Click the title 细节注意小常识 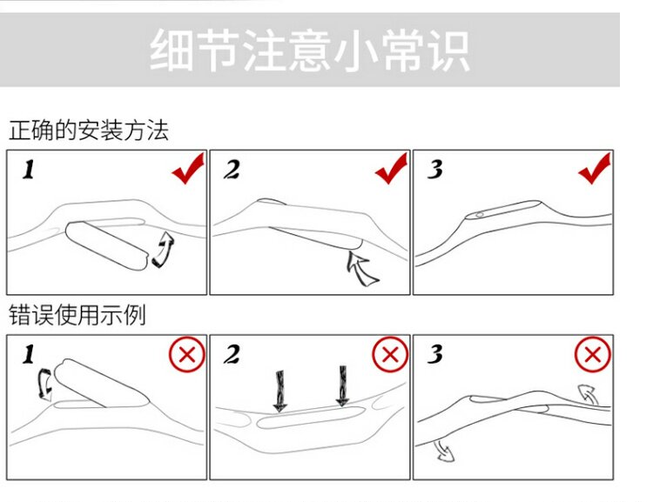(x=309, y=51)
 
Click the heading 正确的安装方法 (x=88, y=131)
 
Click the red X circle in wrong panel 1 (x=186, y=354)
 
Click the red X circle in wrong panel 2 (x=390, y=354)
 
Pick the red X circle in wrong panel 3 (x=594, y=354)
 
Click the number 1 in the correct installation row (x=29, y=171)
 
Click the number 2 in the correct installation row (x=232, y=170)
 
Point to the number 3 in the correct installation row (x=435, y=170)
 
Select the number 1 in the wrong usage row (x=29, y=355)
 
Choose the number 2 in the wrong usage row (x=232, y=355)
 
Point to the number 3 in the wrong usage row (x=435, y=355)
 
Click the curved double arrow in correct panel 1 (x=163, y=249)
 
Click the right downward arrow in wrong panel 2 (x=340, y=386)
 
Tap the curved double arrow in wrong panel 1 (x=43, y=384)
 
